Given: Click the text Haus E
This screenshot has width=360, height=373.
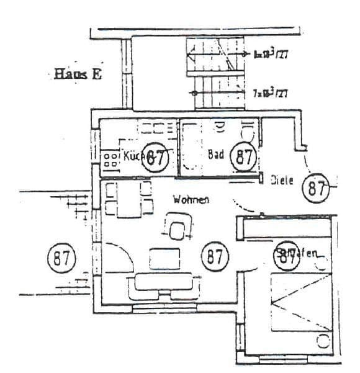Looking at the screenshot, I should (78, 74).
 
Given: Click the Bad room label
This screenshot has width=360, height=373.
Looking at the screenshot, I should (215, 155).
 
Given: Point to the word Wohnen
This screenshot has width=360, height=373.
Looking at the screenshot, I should (191, 200).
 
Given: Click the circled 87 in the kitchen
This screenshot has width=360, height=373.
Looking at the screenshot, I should (156, 156).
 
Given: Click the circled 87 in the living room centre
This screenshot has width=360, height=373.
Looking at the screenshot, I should (215, 256).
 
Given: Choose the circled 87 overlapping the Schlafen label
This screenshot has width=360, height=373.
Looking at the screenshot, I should (287, 254).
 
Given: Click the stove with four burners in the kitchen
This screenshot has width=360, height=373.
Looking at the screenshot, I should (110, 158).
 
